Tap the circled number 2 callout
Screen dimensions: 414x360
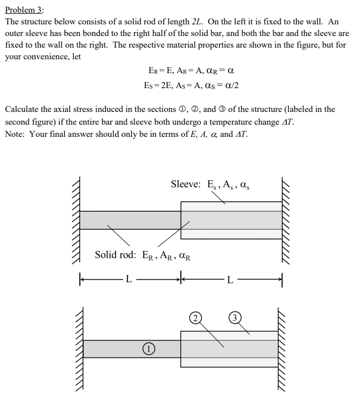tap(195, 318)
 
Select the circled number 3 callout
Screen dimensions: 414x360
tap(236, 318)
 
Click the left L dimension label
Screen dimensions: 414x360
tap(128, 279)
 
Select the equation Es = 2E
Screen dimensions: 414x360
tap(156, 85)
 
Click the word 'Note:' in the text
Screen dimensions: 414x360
tap(16, 134)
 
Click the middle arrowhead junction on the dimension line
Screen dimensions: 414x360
tap(181, 278)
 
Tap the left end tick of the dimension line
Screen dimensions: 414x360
tap(80, 278)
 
